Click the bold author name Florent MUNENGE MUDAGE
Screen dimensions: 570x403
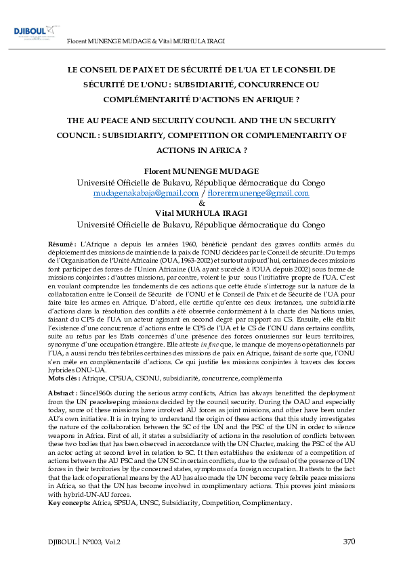click(201, 171)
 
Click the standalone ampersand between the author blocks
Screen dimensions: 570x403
click(201, 203)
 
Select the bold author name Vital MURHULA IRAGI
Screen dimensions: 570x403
click(201, 213)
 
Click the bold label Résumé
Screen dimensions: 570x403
click(62, 243)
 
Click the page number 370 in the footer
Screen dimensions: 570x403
click(348, 541)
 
